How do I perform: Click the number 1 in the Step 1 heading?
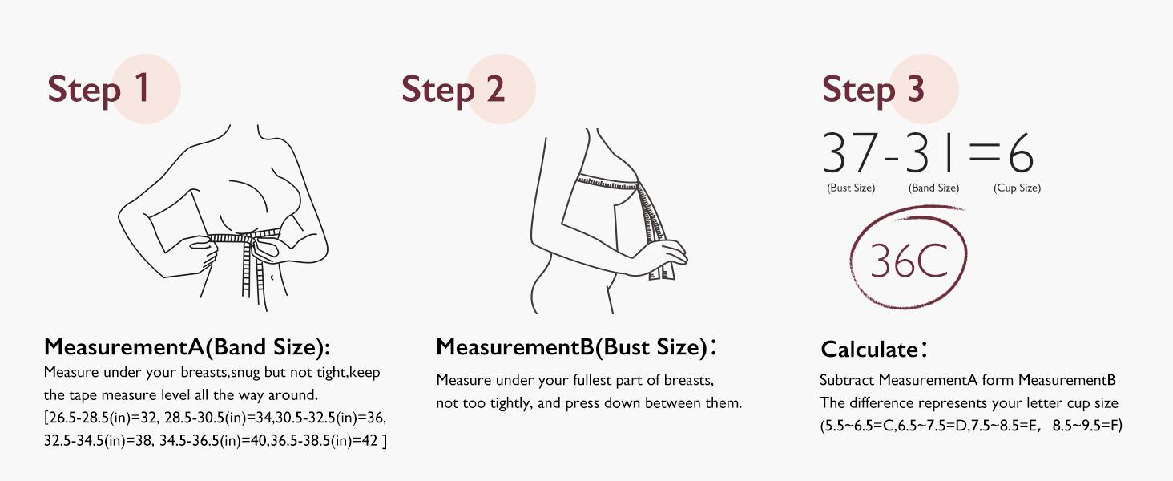142,88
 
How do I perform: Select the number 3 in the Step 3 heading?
915,88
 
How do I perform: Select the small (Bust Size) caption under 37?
851,188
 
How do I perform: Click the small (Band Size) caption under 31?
933,188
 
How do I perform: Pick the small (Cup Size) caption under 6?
1017,188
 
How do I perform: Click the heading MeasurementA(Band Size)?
187,347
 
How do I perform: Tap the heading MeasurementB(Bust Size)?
572,347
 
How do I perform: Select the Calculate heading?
869,350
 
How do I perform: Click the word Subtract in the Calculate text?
847,380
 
